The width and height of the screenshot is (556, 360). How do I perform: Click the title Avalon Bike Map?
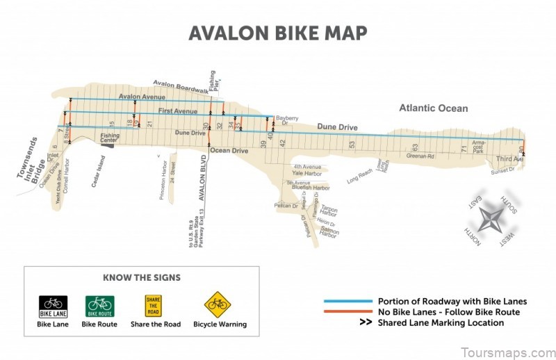point(278,33)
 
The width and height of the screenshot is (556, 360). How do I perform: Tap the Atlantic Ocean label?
point(433,108)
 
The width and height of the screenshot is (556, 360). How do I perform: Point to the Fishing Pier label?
point(214,80)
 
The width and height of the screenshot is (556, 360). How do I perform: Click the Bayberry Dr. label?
point(286,120)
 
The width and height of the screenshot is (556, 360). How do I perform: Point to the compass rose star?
point(492,218)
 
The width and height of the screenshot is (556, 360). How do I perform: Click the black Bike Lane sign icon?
point(53,306)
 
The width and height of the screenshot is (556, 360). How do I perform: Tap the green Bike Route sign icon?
point(99,306)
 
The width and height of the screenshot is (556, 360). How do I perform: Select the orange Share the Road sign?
point(153,306)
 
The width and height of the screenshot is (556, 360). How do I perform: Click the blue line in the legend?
point(347,302)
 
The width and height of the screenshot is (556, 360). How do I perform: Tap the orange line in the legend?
point(347,312)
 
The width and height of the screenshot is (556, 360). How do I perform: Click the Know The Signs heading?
point(141,277)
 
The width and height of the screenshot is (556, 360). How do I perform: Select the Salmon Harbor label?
point(328,232)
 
